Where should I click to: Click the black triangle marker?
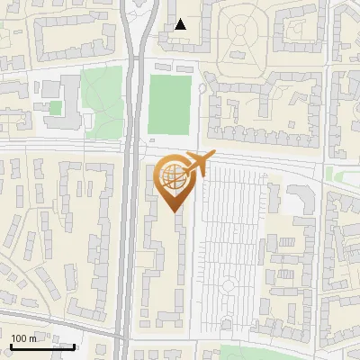[181, 24]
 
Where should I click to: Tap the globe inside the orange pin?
[173, 176]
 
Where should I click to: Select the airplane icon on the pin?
[196, 163]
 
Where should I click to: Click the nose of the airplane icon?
[211, 157]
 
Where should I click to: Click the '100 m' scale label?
[24, 337]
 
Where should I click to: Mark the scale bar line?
[41, 346]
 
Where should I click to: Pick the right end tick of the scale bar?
[74, 345]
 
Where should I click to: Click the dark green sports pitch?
[169, 103]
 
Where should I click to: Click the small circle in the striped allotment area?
[229, 286]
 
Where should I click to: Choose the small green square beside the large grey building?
[56, 108]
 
